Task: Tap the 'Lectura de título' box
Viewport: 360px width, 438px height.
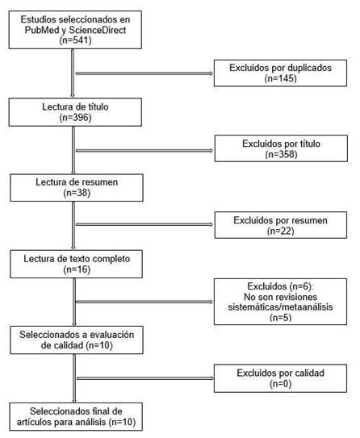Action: click(73, 111)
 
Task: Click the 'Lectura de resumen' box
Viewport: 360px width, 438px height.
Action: click(73, 186)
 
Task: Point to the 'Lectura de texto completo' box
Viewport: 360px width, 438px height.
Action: click(73, 262)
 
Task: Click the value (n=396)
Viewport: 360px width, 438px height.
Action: click(73, 116)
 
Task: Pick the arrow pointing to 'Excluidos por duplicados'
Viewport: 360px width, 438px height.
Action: click(145, 74)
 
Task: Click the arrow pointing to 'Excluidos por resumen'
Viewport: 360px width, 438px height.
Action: click(145, 225)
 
